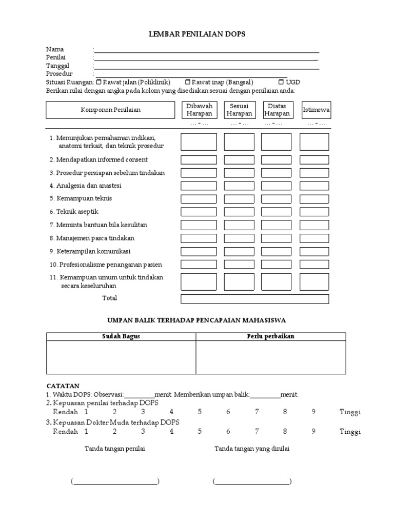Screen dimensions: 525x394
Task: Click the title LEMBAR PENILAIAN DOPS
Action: click(197, 34)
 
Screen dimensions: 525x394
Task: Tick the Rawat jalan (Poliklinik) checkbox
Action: click(98, 82)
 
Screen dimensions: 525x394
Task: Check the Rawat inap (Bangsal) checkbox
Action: click(187, 82)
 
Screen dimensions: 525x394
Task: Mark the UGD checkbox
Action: click(281, 82)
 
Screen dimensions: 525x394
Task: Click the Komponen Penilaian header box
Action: click(110, 110)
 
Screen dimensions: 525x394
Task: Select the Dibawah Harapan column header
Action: click(199, 110)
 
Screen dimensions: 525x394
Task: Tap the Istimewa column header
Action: click(316, 110)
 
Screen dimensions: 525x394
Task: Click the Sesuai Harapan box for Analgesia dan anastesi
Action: click(239, 186)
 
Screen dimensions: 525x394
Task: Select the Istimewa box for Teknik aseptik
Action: click(314, 212)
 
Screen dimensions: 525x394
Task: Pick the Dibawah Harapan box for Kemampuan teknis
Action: click(199, 198)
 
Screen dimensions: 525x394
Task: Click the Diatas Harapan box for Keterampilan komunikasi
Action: click(277, 251)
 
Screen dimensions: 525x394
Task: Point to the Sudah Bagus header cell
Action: click(121, 336)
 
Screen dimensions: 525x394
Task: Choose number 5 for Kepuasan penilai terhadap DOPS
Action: click(200, 412)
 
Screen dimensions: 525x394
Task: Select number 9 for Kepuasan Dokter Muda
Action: click(312, 432)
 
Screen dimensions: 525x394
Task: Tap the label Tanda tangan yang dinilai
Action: click(252, 449)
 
